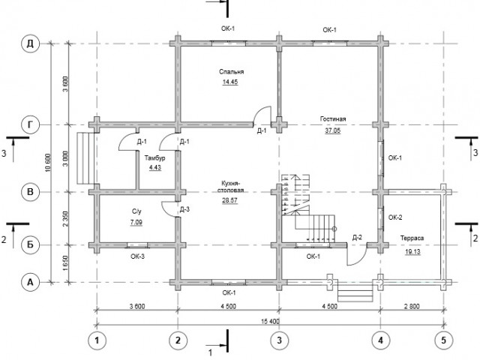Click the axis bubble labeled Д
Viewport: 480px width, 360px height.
30,43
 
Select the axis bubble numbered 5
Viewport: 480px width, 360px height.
443,340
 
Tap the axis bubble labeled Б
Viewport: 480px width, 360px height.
30,245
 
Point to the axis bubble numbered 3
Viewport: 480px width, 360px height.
279,340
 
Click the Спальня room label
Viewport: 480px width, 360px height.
232,72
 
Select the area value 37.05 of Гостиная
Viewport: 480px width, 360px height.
333,130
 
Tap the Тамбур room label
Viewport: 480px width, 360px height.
155,158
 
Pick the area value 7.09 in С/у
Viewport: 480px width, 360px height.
136,222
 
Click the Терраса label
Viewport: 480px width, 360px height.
412,238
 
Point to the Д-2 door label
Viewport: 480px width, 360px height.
357,237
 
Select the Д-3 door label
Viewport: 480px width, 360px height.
184,209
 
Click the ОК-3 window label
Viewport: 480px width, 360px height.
137,256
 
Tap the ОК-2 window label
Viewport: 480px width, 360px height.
395,217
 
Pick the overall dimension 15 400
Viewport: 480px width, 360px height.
270,322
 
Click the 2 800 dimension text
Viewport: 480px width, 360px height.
412,306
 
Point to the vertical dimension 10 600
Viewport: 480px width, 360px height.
48,163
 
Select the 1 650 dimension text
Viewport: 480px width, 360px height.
65,263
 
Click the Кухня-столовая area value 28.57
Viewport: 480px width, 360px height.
230,200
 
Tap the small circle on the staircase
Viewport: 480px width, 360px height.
334,229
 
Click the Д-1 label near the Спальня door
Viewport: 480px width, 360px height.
262,131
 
